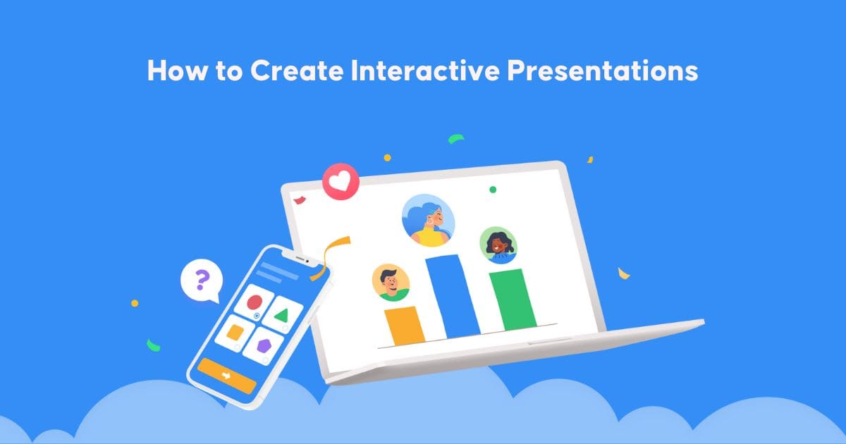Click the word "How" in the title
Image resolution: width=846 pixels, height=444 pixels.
click(x=168, y=71)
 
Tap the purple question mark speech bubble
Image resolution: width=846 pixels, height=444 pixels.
click(x=202, y=281)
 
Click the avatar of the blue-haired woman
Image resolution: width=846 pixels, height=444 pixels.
click(x=429, y=221)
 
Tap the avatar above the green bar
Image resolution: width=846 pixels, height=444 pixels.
click(x=498, y=245)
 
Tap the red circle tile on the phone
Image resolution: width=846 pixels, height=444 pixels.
click(x=254, y=304)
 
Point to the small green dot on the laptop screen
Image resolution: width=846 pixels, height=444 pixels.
click(x=493, y=190)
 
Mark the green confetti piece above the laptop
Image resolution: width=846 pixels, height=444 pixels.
click(x=457, y=138)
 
